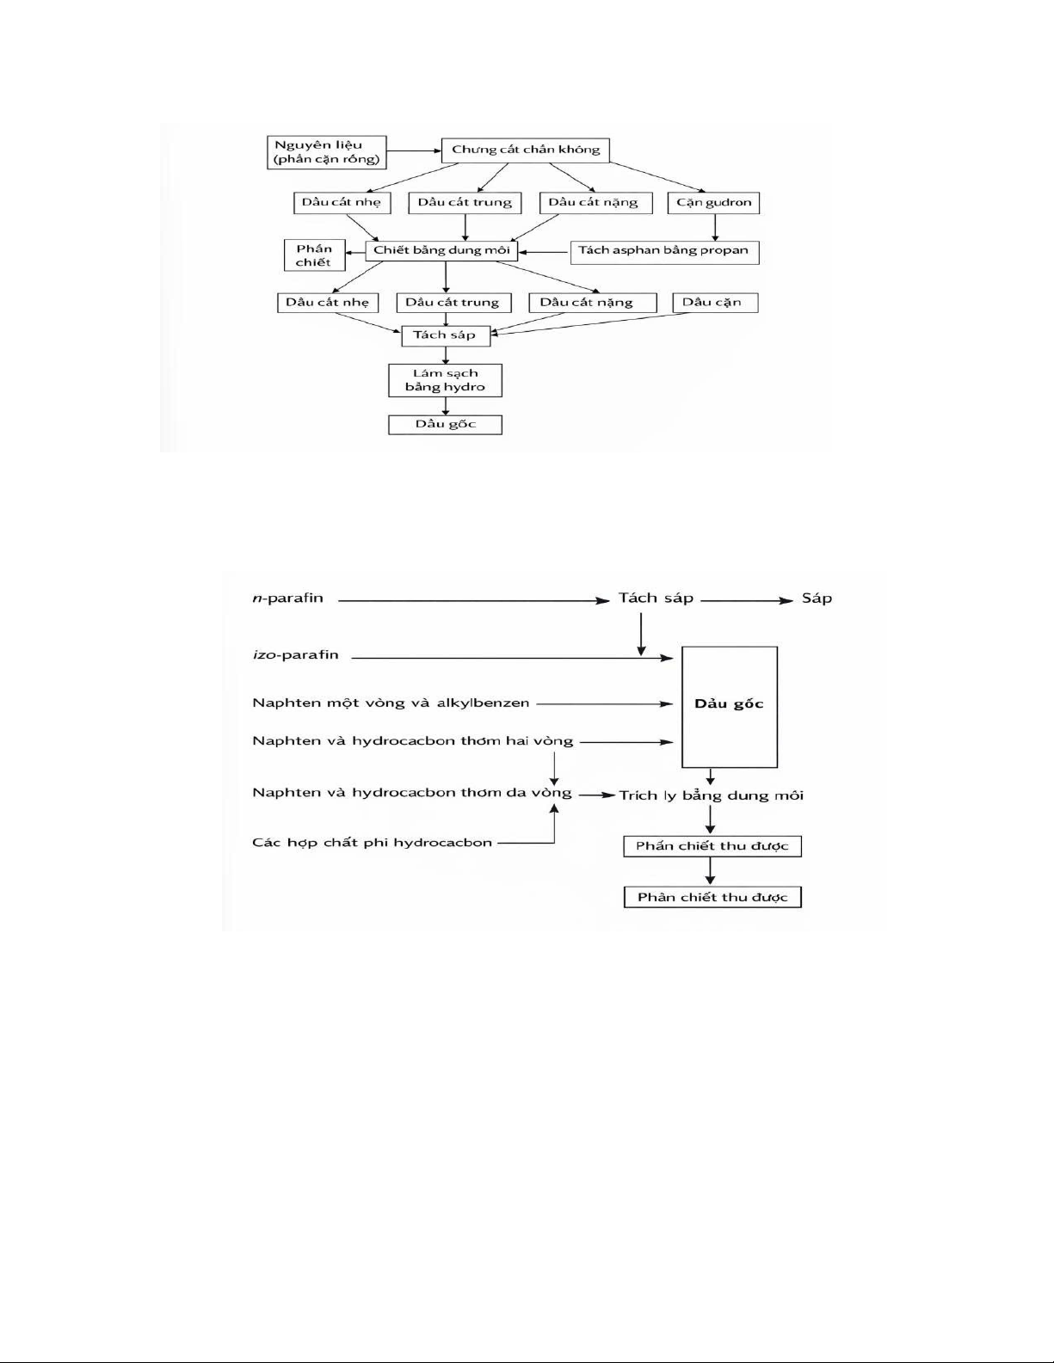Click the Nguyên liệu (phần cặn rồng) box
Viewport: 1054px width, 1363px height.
(x=327, y=152)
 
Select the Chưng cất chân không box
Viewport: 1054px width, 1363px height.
(x=526, y=150)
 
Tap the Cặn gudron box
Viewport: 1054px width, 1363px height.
(x=713, y=203)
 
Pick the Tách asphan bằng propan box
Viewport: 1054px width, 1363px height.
(x=663, y=251)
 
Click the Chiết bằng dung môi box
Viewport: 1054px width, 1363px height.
(x=441, y=251)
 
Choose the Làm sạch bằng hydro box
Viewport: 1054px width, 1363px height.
(x=445, y=380)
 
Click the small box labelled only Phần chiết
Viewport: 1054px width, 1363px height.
(x=314, y=255)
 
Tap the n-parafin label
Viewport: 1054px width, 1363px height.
(x=287, y=599)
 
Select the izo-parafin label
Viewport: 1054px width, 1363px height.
(x=295, y=655)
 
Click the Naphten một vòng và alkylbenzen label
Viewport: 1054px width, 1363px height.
(x=391, y=703)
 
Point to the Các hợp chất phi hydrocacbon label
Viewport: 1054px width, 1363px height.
(x=372, y=843)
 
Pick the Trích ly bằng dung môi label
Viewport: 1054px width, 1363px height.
(x=712, y=795)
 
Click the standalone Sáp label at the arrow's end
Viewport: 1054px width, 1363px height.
(x=817, y=599)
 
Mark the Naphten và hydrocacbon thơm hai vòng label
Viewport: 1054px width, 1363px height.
(x=412, y=741)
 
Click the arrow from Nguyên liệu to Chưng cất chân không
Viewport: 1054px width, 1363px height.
(x=414, y=152)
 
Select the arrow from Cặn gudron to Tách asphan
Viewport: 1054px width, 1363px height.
(x=713, y=227)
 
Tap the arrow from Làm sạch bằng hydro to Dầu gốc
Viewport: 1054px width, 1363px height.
(x=445, y=406)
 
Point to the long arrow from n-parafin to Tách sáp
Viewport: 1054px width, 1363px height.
(x=473, y=601)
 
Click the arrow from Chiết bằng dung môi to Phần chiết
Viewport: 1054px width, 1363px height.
(x=355, y=251)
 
